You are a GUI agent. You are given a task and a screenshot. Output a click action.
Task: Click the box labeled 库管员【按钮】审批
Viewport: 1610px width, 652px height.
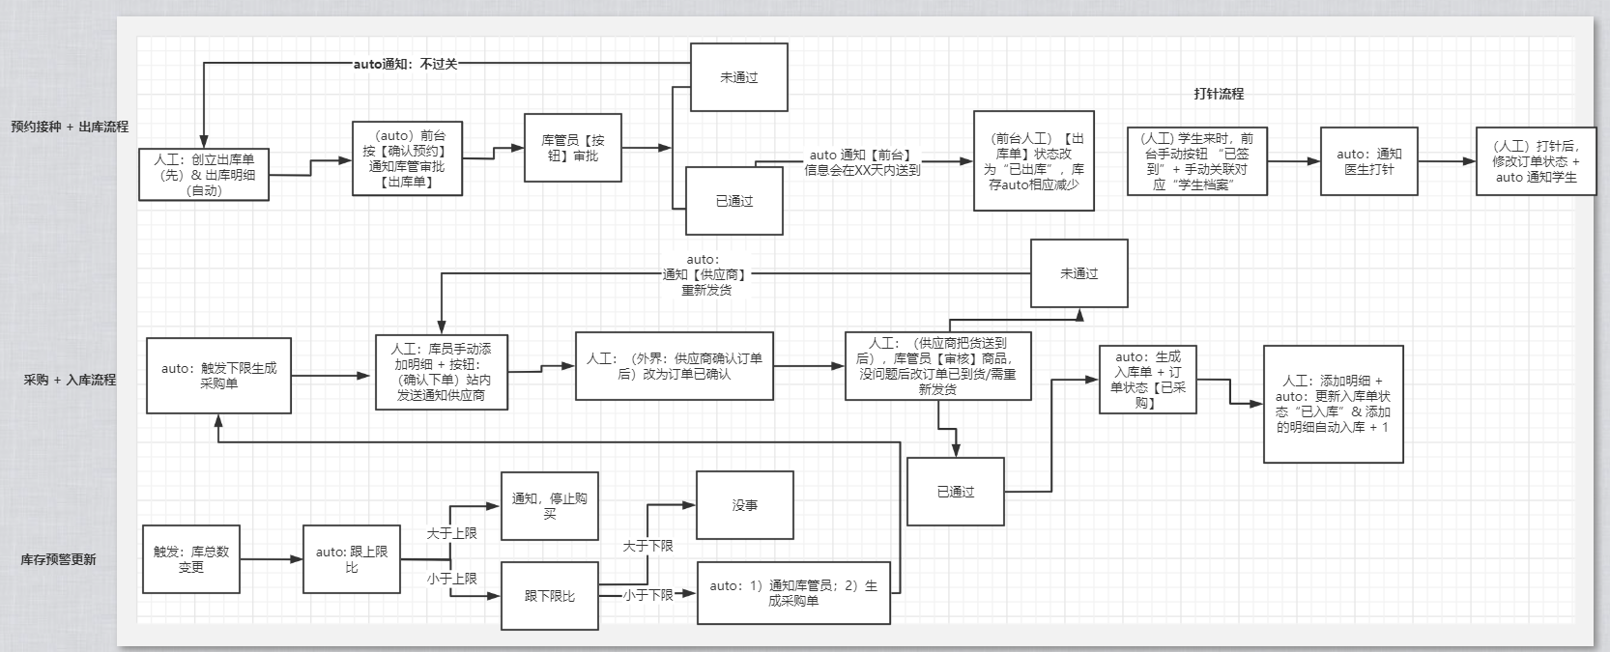click(x=572, y=148)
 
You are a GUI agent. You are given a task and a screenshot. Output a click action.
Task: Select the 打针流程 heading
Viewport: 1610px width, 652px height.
click(x=1219, y=94)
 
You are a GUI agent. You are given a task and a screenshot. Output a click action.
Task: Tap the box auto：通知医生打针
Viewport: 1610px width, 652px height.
click(x=1368, y=161)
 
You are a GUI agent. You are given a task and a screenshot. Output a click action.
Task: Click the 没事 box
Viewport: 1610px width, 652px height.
click(x=744, y=505)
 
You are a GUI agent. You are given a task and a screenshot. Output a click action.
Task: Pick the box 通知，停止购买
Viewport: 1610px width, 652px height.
click(x=549, y=505)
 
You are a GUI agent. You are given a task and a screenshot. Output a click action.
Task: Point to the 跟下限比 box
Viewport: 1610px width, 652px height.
click(x=549, y=596)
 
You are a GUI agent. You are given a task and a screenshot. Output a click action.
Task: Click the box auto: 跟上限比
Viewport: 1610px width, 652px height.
click(x=351, y=559)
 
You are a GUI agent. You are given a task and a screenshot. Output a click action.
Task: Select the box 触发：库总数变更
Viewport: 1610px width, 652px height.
click(x=190, y=559)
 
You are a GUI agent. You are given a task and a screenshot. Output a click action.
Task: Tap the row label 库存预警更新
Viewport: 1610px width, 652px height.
click(x=58, y=559)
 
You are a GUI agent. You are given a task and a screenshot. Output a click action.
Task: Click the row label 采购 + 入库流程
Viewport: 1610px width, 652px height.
click(x=70, y=380)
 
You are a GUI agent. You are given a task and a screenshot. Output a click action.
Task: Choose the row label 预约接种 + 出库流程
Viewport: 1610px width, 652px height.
click(x=70, y=127)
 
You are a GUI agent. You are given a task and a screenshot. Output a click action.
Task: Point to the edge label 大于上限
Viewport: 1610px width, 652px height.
click(x=451, y=533)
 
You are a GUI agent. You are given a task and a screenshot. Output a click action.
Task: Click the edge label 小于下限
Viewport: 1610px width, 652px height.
click(x=647, y=595)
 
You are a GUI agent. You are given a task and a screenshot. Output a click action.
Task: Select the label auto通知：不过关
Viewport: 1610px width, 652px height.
click(x=405, y=64)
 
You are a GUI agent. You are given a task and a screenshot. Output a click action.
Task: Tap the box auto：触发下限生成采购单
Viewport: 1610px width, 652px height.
click(x=218, y=376)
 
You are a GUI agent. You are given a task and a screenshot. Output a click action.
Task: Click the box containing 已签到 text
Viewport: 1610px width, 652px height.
click(x=1196, y=161)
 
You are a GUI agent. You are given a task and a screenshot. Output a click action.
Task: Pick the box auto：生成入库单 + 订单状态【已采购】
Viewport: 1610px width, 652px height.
click(x=1147, y=380)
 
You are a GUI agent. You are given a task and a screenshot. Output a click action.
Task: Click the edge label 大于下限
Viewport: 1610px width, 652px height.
click(x=647, y=546)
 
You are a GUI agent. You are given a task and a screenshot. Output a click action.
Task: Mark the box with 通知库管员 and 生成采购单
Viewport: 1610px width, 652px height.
click(x=792, y=593)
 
